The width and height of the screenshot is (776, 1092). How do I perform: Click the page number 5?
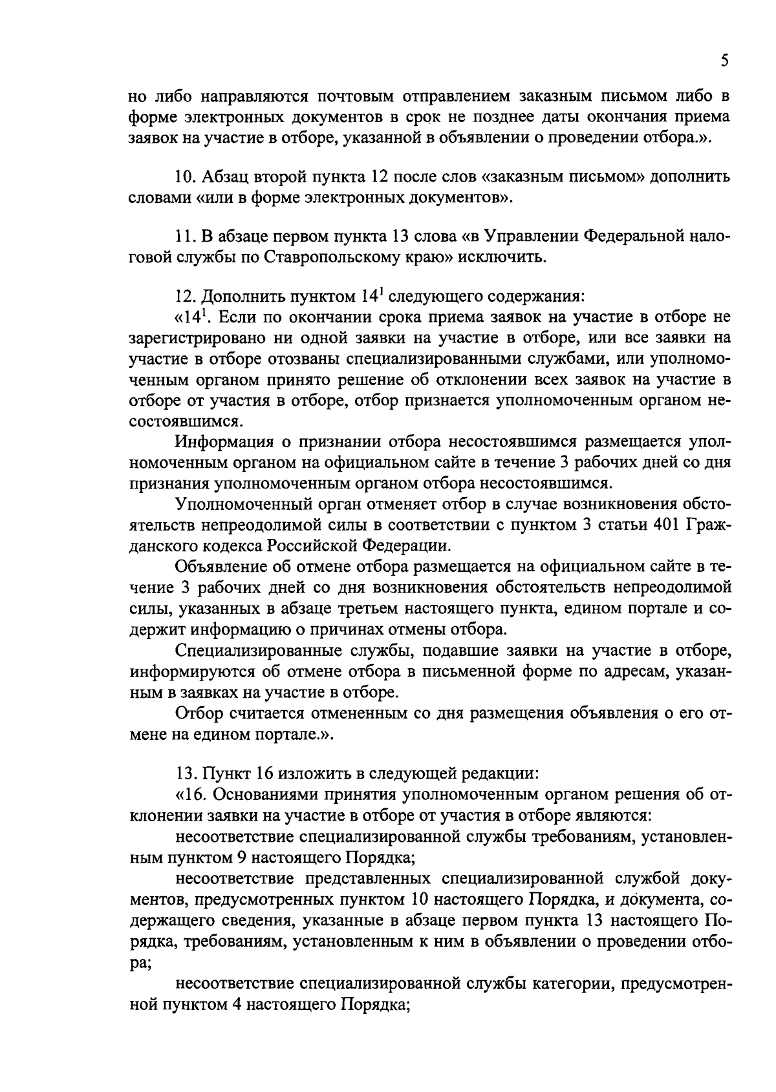(x=724, y=61)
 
